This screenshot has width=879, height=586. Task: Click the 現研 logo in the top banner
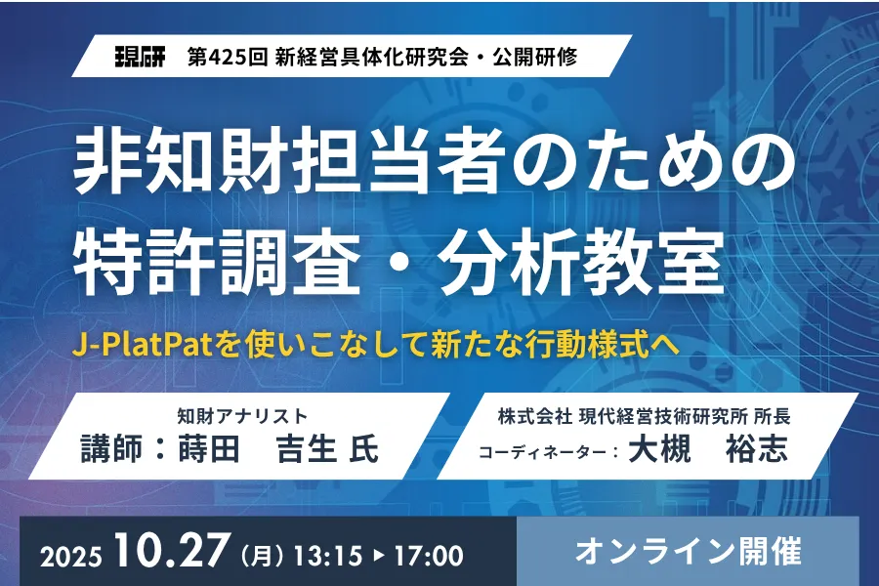click(140, 58)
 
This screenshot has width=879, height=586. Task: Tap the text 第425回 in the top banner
click(228, 58)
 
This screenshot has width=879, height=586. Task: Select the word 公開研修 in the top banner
click(535, 58)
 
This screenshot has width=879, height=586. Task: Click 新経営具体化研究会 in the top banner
click(372, 58)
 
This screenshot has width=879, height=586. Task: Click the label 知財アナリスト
click(243, 416)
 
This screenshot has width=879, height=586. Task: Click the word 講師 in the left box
click(111, 449)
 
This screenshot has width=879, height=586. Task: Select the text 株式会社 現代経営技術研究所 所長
click(645, 417)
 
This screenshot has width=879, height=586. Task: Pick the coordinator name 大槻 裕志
click(708, 449)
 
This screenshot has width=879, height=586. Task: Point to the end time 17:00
click(429, 555)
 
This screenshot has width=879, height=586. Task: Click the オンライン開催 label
click(688, 552)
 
